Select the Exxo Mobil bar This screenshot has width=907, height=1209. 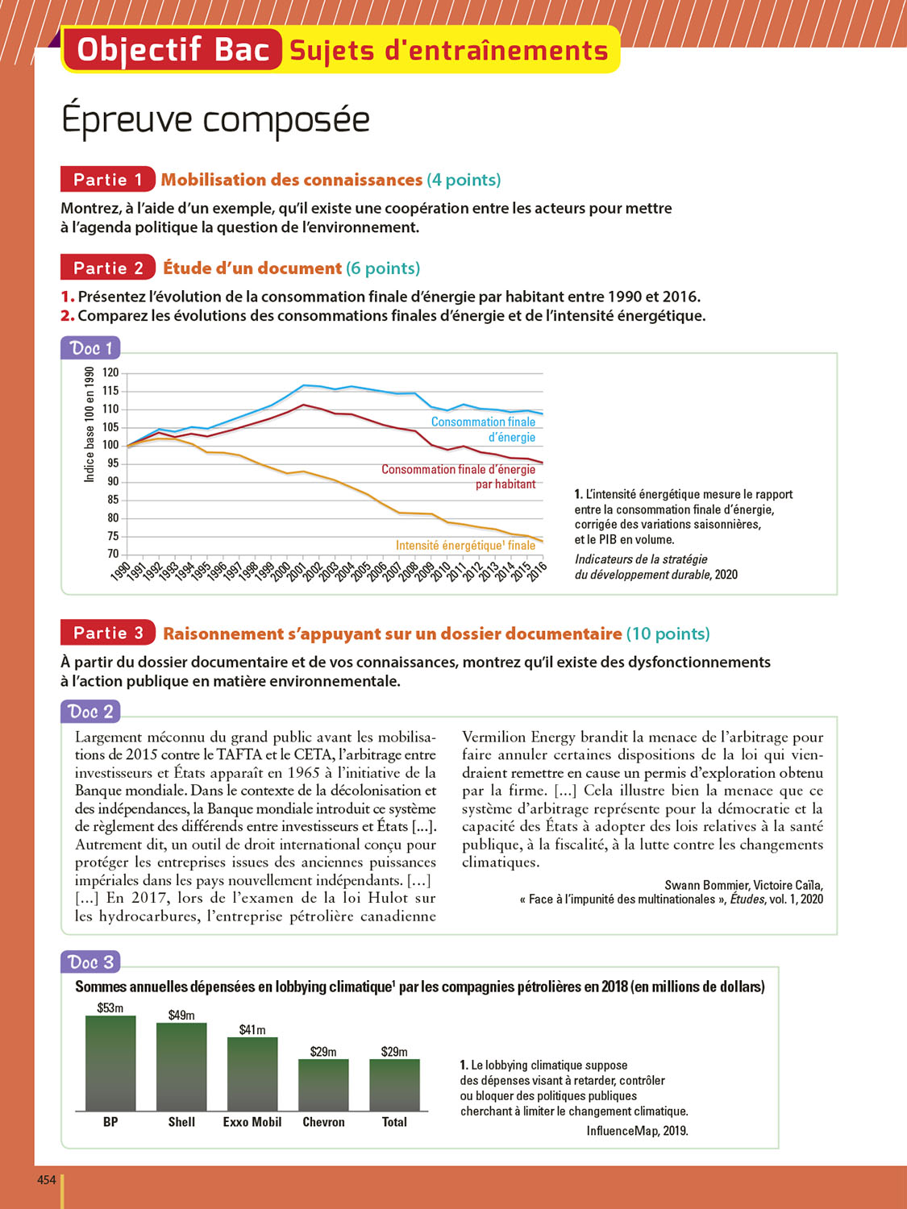coord(252,1074)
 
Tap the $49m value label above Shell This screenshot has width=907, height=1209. coord(181,1015)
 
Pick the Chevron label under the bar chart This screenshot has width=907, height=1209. coord(323,1122)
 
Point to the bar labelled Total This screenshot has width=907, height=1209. coord(394,1084)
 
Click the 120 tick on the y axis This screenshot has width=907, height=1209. coord(110,372)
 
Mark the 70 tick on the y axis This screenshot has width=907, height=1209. coord(113,554)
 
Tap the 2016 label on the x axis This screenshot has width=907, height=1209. coord(537,569)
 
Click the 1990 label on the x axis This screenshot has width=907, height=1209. coord(120,571)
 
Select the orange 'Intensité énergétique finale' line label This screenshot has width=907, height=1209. coord(465,546)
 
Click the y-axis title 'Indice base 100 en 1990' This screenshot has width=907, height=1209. coord(89,425)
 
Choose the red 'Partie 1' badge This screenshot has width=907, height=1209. coord(107,179)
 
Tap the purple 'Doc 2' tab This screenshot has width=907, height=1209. coord(89,712)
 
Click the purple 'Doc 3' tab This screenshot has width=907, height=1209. coord(90,962)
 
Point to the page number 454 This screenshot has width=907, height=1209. coord(47,1180)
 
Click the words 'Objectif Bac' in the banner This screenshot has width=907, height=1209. coord(173,50)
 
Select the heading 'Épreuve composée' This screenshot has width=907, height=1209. coord(215,119)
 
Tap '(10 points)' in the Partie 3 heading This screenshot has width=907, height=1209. coord(668,634)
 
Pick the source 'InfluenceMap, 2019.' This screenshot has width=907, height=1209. coord(637,1131)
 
